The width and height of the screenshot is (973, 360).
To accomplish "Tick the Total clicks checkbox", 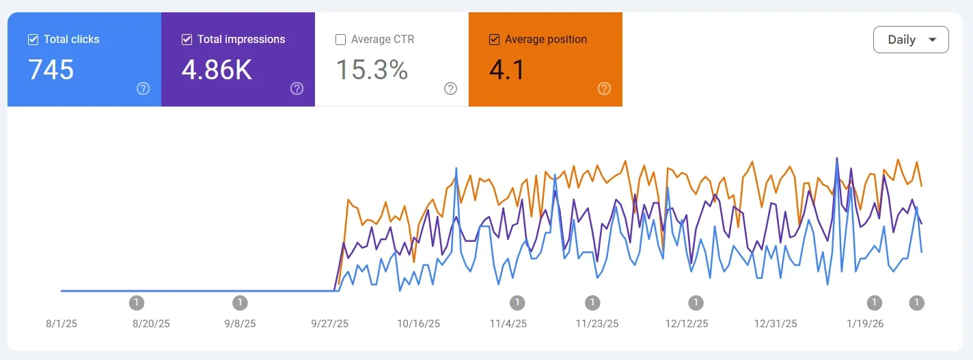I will [33, 40].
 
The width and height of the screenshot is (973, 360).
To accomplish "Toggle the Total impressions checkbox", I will [187, 40].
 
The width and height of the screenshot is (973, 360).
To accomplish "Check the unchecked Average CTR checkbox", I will [340, 40].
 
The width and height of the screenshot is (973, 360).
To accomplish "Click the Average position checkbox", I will [494, 40].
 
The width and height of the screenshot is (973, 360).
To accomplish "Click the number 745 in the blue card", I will [51, 70].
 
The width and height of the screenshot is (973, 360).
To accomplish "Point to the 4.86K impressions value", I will [217, 70].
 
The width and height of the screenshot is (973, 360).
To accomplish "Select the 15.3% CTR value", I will [372, 70].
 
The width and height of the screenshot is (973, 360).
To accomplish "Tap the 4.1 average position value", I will [507, 70].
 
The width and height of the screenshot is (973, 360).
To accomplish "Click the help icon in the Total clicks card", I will [143, 88].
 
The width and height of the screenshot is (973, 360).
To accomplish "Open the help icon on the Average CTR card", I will [450, 88].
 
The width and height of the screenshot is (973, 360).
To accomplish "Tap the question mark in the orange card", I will [604, 88].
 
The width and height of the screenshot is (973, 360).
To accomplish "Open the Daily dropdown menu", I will [910, 40].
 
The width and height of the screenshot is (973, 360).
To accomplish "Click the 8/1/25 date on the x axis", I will [61, 324].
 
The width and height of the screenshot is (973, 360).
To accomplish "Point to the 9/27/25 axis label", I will [329, 324].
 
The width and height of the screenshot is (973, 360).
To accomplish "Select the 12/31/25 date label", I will [776, 324].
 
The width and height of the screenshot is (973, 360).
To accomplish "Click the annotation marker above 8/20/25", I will [137, 303].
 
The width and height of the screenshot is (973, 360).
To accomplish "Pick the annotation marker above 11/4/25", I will [517, 303].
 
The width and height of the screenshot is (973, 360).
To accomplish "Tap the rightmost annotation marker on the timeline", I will [917, 303].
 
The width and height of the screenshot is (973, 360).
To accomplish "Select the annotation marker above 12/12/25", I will [696, 303].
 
